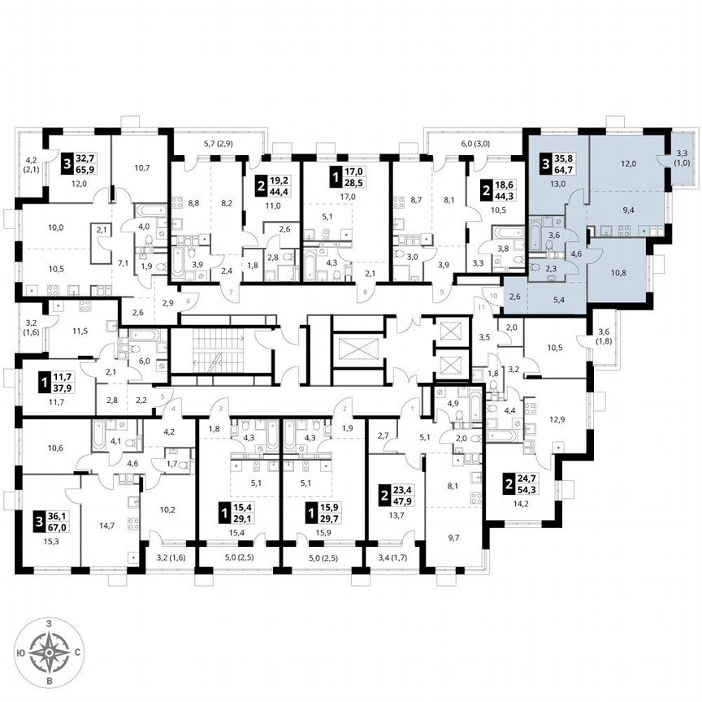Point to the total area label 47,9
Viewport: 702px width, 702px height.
[401, 502]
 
